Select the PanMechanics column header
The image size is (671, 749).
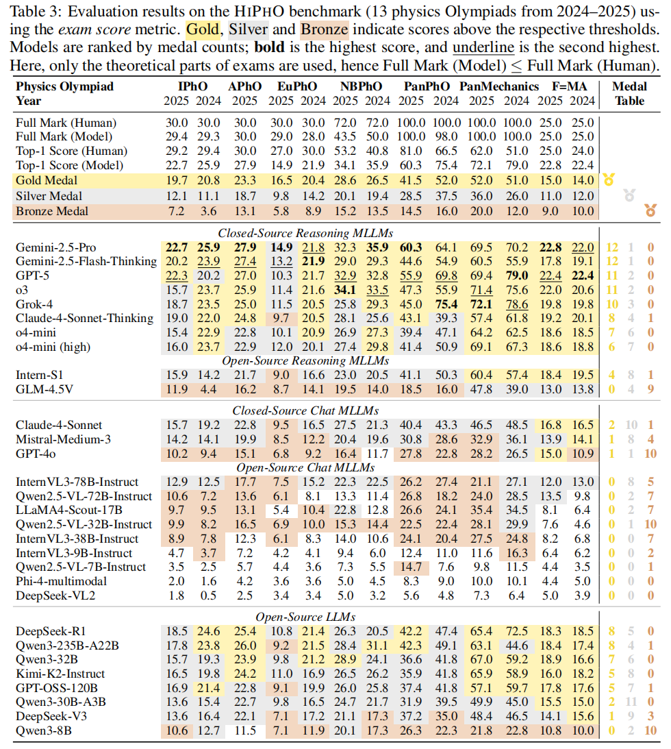click(x=499, y=87)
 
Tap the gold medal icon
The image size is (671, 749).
click(x=607, y=181)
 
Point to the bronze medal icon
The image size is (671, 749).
click(x=650, y=210)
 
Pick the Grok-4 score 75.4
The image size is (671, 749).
click(x=446, y=304)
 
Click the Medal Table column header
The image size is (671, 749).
click(x=629, y=94)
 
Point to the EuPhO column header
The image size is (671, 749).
click(x=296, y=87)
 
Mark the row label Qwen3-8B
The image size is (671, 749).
click(x=43, y=731)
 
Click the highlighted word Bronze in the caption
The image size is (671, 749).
click(x=323, y=29)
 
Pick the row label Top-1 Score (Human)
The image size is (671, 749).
click(x=71, y=151)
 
